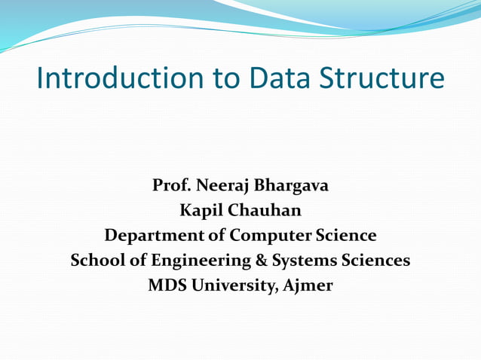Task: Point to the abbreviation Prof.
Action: click(170, 185)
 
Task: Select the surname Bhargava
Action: click(291, 185)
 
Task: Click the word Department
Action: click(154, 236)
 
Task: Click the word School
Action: click(95, 261)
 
